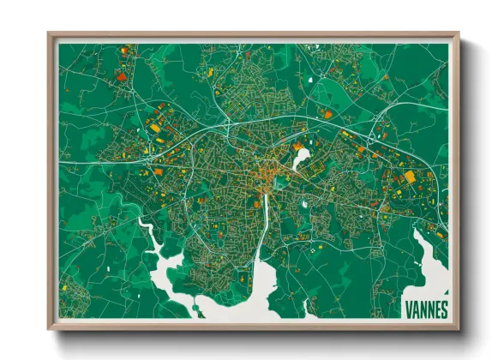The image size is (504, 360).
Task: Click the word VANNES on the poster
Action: (x=425, y=307)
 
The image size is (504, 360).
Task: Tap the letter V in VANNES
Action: (x=408, y=307)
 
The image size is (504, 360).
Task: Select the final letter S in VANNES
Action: (x=443, y=307)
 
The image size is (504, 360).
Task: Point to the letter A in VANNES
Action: (x=415, y=307)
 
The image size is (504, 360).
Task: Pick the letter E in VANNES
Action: (x=436, y=307)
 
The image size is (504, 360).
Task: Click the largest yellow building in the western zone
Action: (x=154, y=128)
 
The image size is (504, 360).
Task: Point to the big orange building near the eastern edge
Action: (x=409, y=176)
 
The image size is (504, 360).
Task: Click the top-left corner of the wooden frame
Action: (x=50, y=35)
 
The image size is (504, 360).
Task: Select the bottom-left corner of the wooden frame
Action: (x=50, y=328)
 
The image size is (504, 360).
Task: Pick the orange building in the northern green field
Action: (x=327, y=112)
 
